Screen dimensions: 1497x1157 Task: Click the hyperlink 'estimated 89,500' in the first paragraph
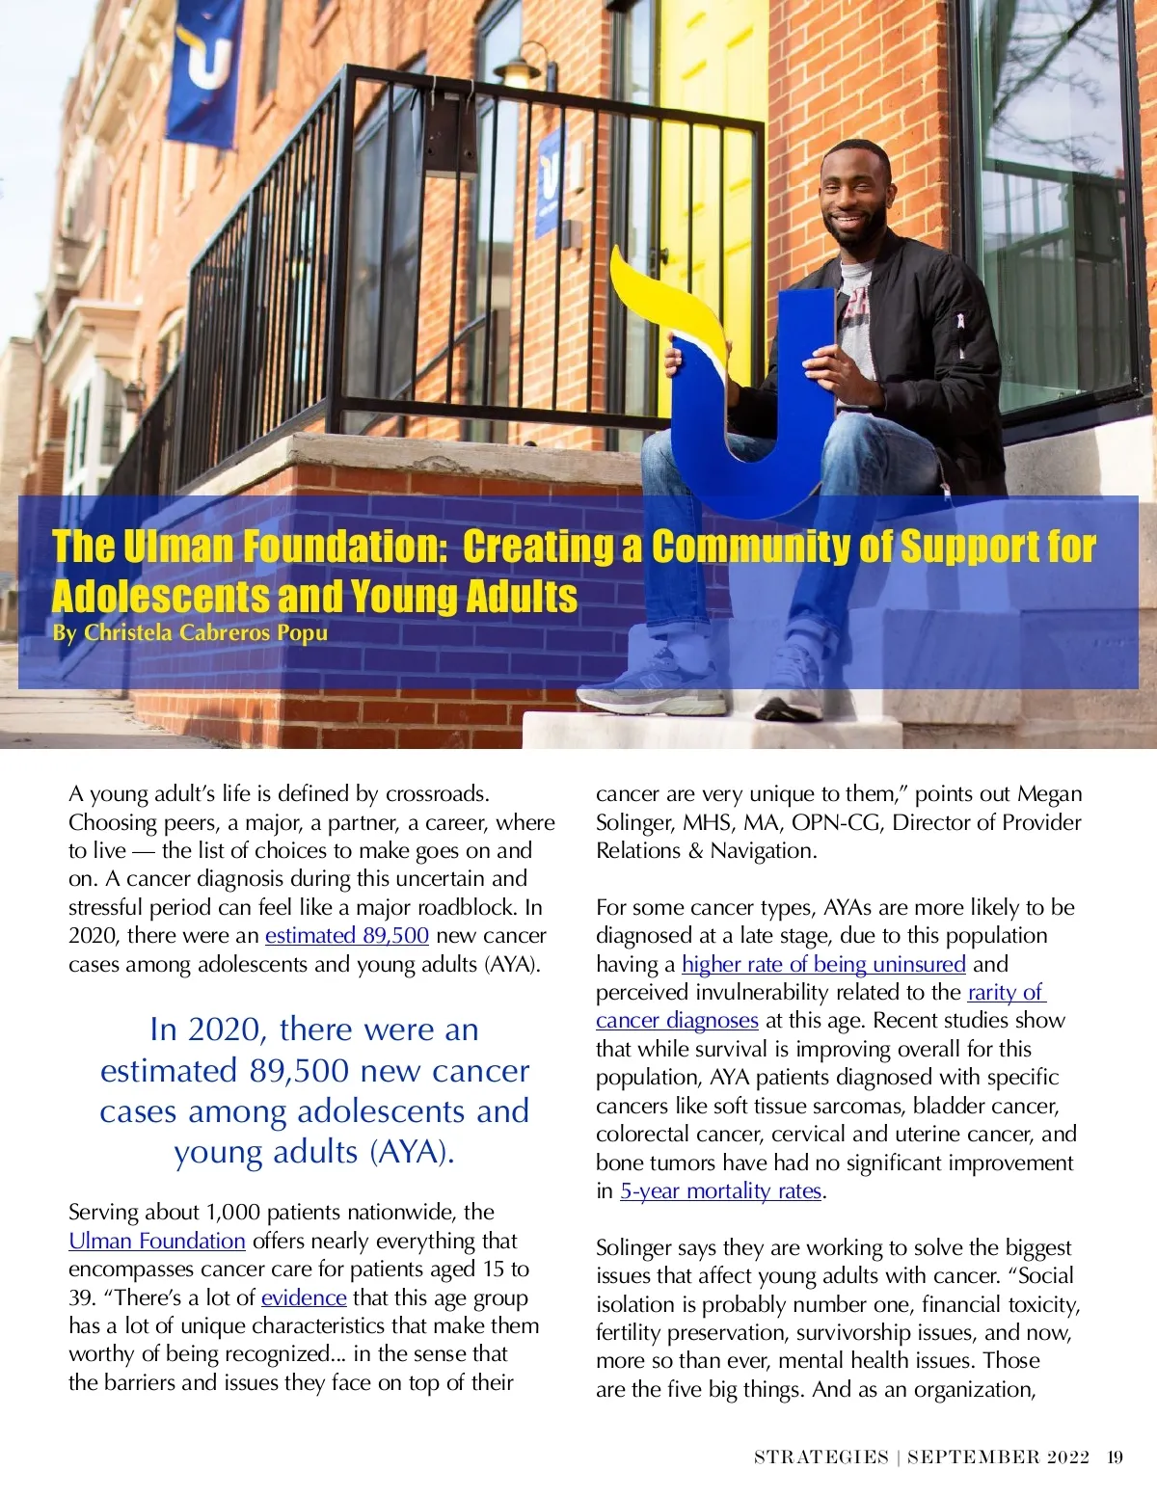point(346,935)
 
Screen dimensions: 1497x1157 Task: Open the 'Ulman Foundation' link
point(157,1241)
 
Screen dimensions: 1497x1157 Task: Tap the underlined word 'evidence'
point(304,1297)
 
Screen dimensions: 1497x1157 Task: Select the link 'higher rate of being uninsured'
point(823,964)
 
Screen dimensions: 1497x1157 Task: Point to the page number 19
point(1116,1457)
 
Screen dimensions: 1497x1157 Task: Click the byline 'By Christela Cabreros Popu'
point(190,632)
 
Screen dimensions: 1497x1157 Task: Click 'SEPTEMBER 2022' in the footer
point(998,1457)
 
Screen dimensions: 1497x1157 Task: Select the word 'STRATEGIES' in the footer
point(821,1457)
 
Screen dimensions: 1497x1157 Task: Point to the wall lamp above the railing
point(519,69)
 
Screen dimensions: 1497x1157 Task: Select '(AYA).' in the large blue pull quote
point(412,1152)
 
